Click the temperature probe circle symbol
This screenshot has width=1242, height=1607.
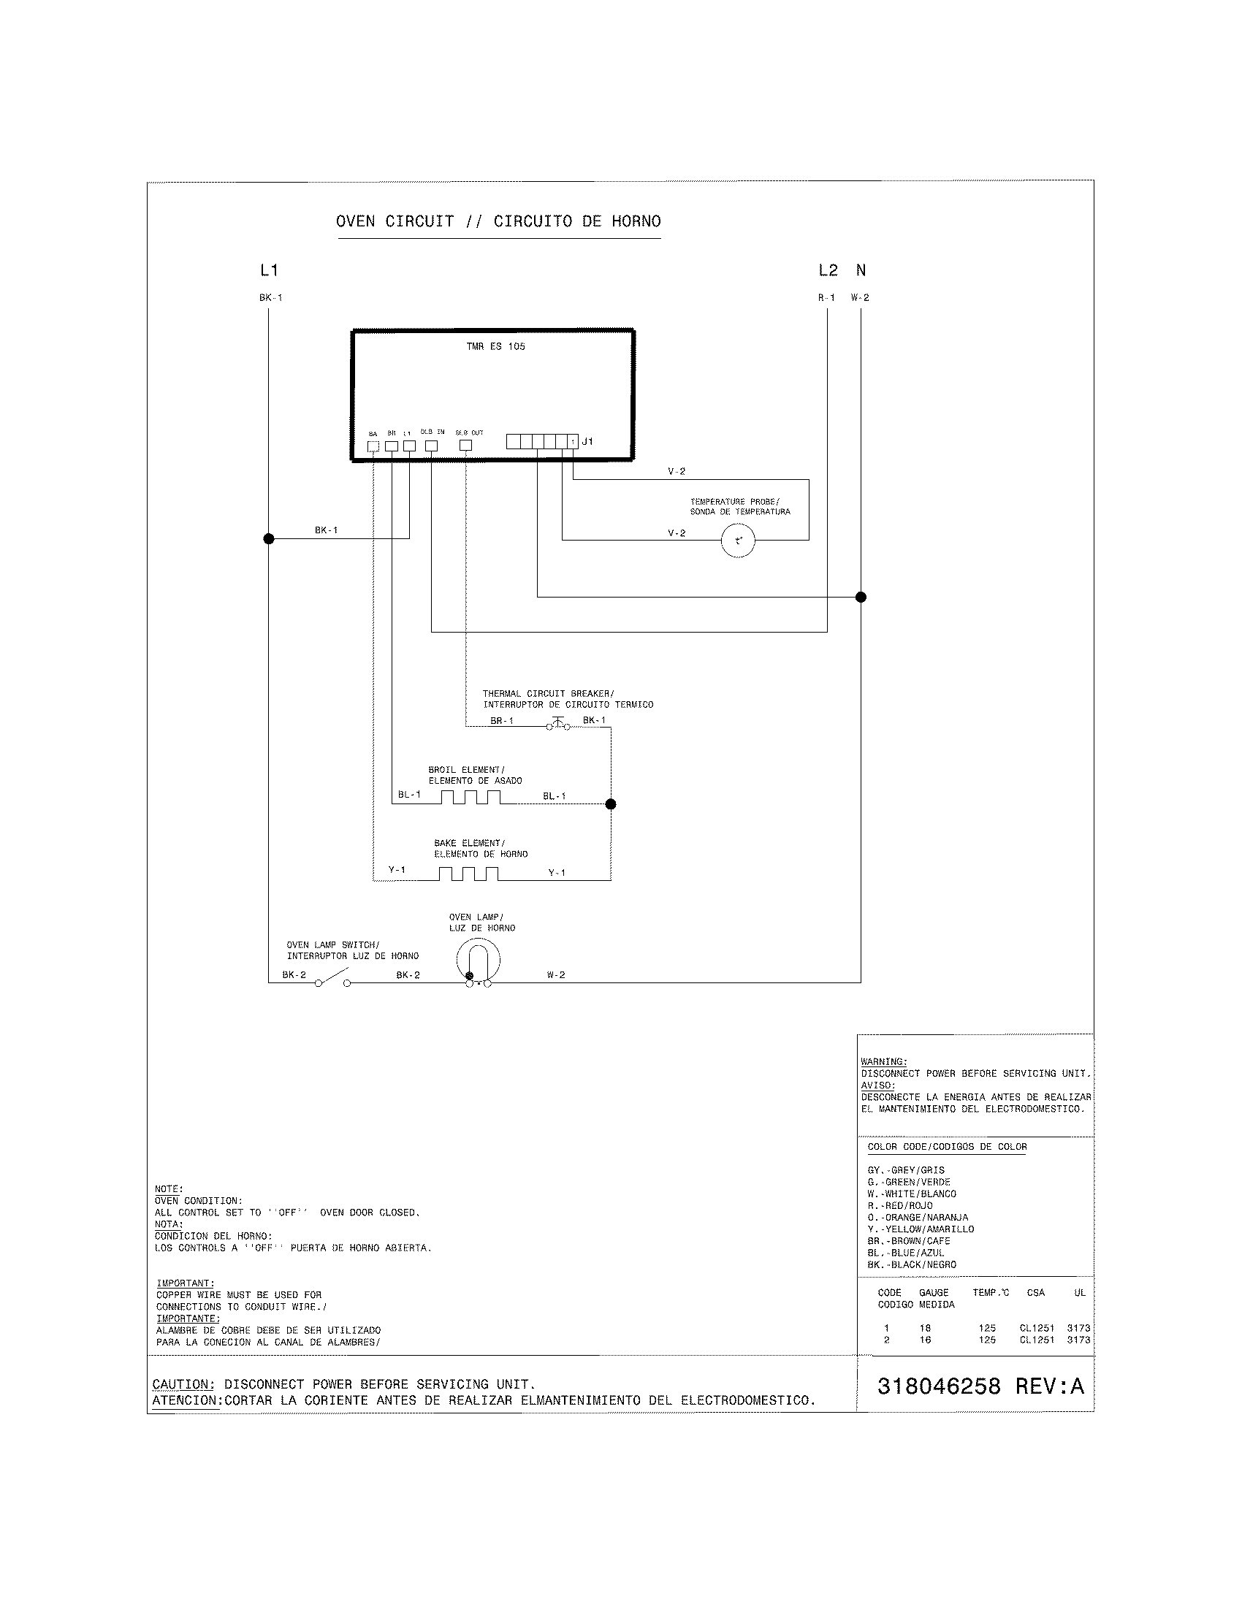737,541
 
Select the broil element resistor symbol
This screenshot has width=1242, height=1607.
471,798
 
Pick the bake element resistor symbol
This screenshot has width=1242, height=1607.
469,874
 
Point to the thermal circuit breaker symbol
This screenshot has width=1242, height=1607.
557,724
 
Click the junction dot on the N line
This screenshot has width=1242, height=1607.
861,597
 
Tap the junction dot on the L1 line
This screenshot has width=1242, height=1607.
269,538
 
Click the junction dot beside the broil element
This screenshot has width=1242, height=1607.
610,804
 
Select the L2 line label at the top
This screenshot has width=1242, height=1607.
828,271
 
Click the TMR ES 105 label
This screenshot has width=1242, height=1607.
495,346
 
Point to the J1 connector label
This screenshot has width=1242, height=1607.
587,441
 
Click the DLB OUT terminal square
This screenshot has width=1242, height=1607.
465,445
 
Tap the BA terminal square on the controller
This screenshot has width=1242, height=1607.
373,446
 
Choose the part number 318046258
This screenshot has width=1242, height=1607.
939,1386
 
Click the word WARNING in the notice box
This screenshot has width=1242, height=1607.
884,1062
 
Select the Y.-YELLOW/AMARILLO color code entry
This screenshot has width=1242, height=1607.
921,1229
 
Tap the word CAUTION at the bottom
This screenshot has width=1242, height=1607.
183,1384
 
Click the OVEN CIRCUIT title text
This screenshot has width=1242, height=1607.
395,221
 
